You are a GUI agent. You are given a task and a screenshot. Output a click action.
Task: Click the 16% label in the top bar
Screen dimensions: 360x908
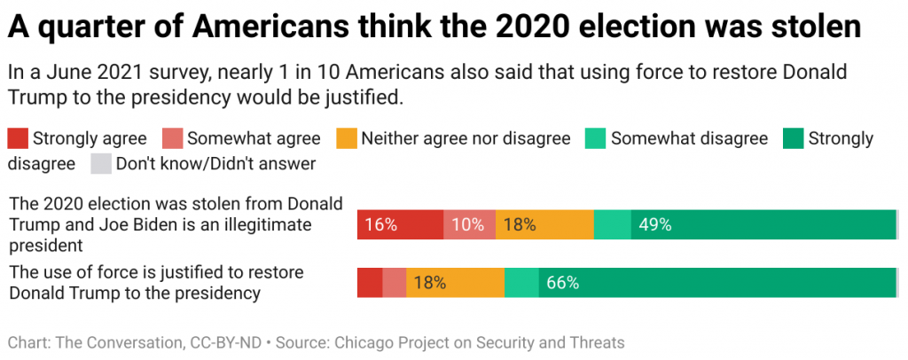(x=380, y=224)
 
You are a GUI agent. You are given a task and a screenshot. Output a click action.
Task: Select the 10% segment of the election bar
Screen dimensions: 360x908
(x=469, y=224)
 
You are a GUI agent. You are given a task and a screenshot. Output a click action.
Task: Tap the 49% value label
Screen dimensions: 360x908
(x=654, y=224)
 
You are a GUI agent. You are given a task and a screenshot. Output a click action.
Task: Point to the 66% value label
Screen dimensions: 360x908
(x=563, y=283)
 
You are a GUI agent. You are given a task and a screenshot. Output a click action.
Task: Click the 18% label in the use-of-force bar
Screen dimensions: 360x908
(x=430, y=283)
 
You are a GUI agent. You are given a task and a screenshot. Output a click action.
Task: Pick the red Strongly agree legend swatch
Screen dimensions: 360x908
(x=17, y=138)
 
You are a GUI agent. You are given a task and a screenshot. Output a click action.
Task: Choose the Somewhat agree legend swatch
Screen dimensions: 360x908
(x=171, y=138)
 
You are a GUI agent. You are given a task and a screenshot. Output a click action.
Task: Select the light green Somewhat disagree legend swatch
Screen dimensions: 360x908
(x=595, y=138)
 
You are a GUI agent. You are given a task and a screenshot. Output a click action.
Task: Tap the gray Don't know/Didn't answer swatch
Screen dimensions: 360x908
(x=102, y=164)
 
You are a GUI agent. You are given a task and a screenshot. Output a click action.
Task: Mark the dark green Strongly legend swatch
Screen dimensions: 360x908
(x=793, y=138)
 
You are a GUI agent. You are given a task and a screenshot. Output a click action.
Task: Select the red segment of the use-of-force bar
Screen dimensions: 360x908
(x=370, y=283)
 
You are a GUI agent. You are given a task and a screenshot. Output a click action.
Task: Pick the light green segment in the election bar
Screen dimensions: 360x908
(x=612, y=224)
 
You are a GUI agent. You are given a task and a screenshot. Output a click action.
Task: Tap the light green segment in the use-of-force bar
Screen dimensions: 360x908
(x=521, y=283)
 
